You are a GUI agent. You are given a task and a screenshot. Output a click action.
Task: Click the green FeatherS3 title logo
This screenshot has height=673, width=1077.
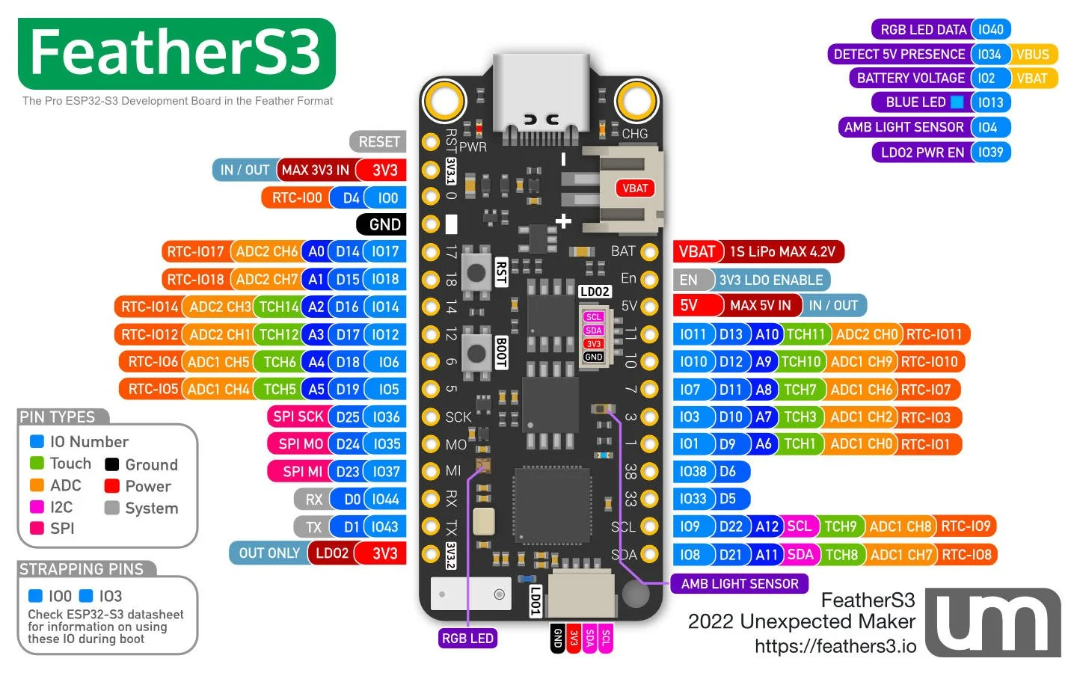point(177,54)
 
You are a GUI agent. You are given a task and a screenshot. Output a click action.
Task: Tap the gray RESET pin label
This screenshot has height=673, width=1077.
point(378,142)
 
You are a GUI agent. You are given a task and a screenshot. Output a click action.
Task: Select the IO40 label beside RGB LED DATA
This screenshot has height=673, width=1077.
point(991,30)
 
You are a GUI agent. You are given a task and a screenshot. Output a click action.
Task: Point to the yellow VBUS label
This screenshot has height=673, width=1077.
point(1033,55)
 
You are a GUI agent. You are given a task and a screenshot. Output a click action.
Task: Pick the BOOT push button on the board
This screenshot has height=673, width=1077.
point(476,352)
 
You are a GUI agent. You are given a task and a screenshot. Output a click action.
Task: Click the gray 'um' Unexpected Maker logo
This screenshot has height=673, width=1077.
point(992,622)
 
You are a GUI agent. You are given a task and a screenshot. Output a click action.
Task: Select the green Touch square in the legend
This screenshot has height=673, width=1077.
point(37,464)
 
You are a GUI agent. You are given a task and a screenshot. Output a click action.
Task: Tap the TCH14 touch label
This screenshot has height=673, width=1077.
point(279,307)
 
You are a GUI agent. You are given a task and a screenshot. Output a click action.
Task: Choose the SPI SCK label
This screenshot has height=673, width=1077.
point(298,417)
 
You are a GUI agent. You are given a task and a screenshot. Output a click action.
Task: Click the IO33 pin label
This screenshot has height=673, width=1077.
point(693,499)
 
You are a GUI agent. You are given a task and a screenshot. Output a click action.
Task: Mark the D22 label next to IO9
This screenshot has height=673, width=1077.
point(731,526)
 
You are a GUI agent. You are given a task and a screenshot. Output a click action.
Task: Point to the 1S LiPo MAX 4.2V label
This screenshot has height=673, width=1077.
point(782,252)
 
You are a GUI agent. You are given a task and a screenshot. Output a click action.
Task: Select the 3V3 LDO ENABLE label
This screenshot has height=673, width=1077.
point(770,280)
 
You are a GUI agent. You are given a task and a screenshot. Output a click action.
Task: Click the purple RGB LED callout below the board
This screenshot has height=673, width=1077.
point(467,639)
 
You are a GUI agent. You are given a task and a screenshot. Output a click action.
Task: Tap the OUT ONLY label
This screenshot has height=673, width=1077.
point(269,553)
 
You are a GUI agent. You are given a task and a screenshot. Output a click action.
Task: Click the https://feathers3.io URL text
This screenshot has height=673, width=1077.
point(835,647)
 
